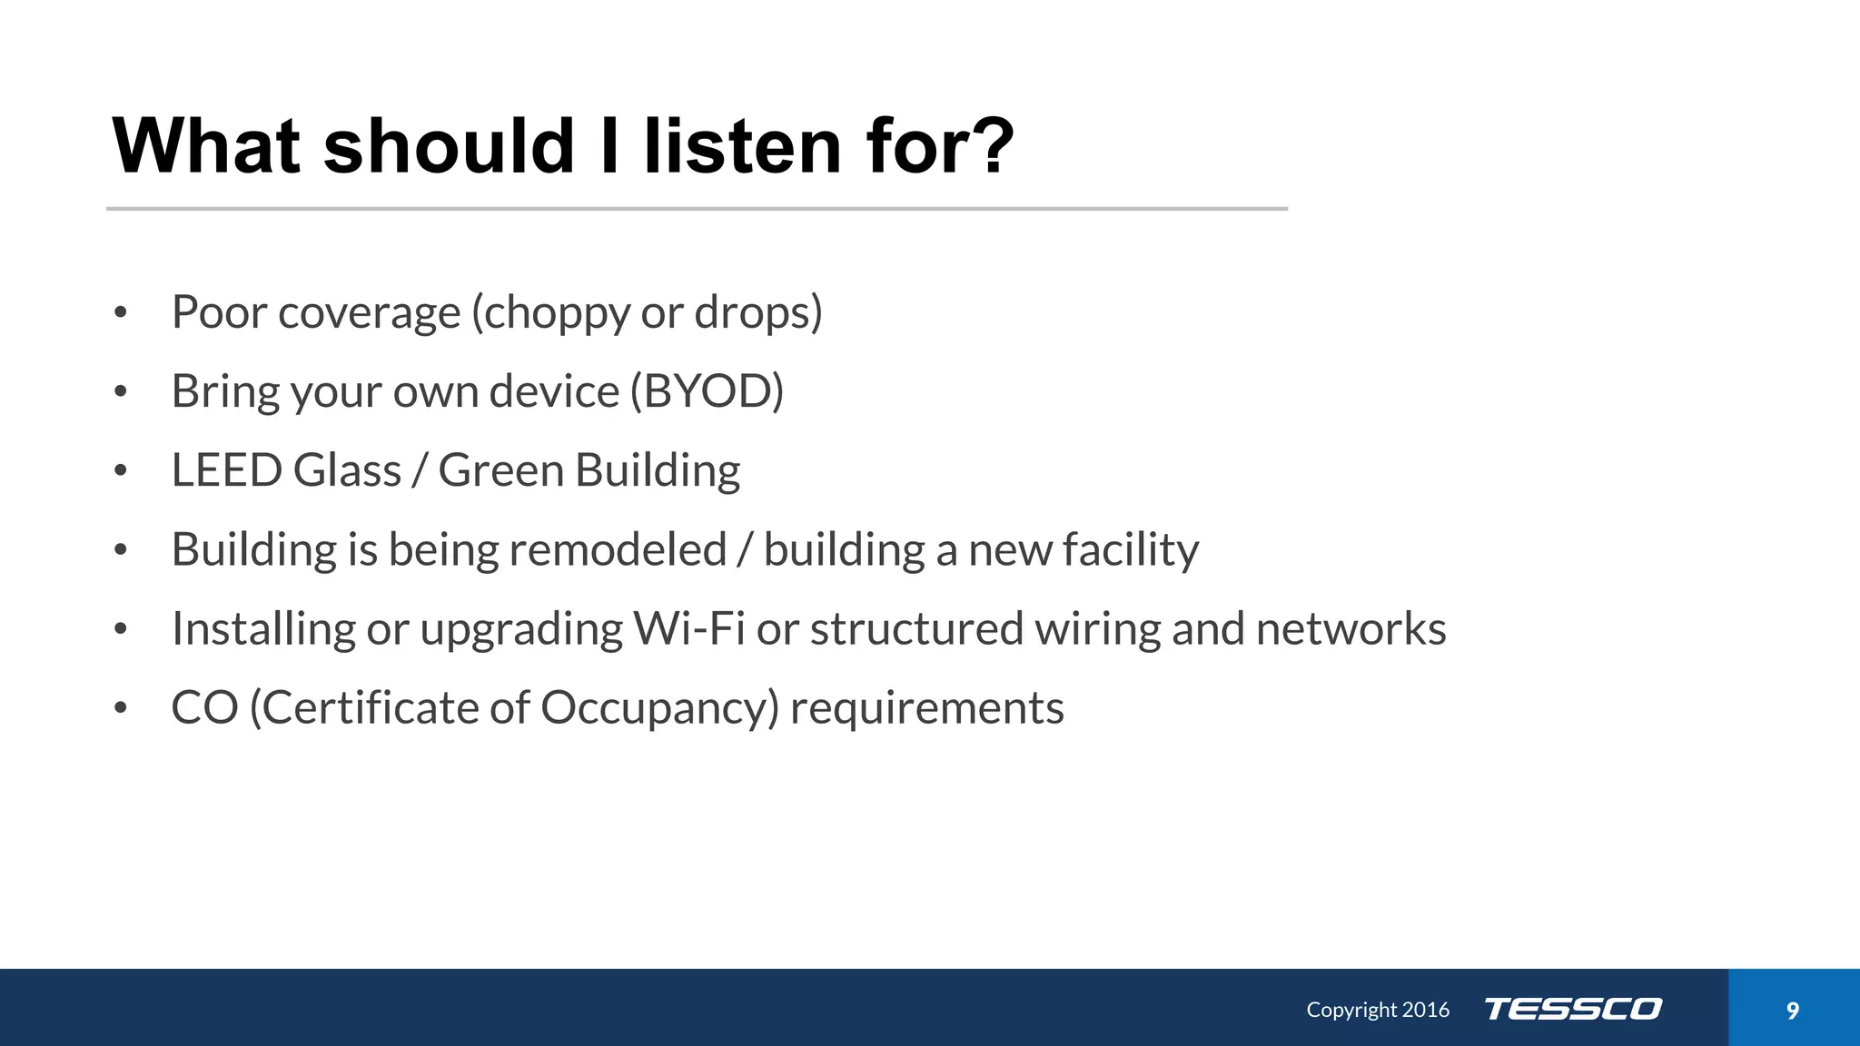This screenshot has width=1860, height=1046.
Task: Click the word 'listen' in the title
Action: tap(742, 146)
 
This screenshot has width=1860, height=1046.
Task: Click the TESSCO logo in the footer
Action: tap(1573, 1009)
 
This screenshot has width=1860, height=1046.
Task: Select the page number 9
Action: tap(1792, 1011)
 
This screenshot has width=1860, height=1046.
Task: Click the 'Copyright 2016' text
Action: tap(1377, 1010)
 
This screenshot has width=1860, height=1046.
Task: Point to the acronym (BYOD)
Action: tap(707, 391)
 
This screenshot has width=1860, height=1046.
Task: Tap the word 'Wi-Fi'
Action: tap(689, 628)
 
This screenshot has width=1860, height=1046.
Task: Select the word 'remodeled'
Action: tap(617, 549)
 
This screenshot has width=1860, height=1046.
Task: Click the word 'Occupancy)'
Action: tap(659, 707)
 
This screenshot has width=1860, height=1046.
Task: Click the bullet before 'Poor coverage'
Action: tap(121, 313)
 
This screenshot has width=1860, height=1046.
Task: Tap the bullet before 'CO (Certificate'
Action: tap(121, 708)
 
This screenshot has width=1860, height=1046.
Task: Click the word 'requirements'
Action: tap(926, 708)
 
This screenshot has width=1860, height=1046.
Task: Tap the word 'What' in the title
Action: tap(206, 146)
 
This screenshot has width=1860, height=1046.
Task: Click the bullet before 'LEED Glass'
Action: tap(121, 471)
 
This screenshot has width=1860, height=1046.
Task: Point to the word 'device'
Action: tap(553, 391)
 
